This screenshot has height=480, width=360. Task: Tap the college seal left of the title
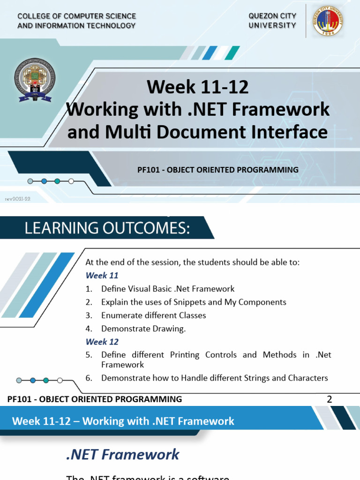(37, 80)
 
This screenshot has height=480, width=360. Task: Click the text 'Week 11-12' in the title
(197, 87)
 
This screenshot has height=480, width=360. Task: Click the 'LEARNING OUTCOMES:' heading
(107, 228)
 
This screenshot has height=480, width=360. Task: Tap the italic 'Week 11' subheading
(102, 276)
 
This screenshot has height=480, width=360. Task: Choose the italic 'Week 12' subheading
(102, 342)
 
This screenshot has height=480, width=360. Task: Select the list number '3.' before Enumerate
(89, 315)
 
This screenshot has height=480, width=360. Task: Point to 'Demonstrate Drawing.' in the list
(143, 329)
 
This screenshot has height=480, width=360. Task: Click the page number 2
(329, 399)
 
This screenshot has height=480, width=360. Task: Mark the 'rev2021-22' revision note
(17, 199)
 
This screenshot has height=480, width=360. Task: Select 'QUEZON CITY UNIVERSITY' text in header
(272, 21)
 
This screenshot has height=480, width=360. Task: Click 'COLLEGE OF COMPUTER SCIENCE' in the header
(76, 16)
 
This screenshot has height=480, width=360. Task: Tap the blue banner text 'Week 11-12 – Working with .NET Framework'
(123, 421)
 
